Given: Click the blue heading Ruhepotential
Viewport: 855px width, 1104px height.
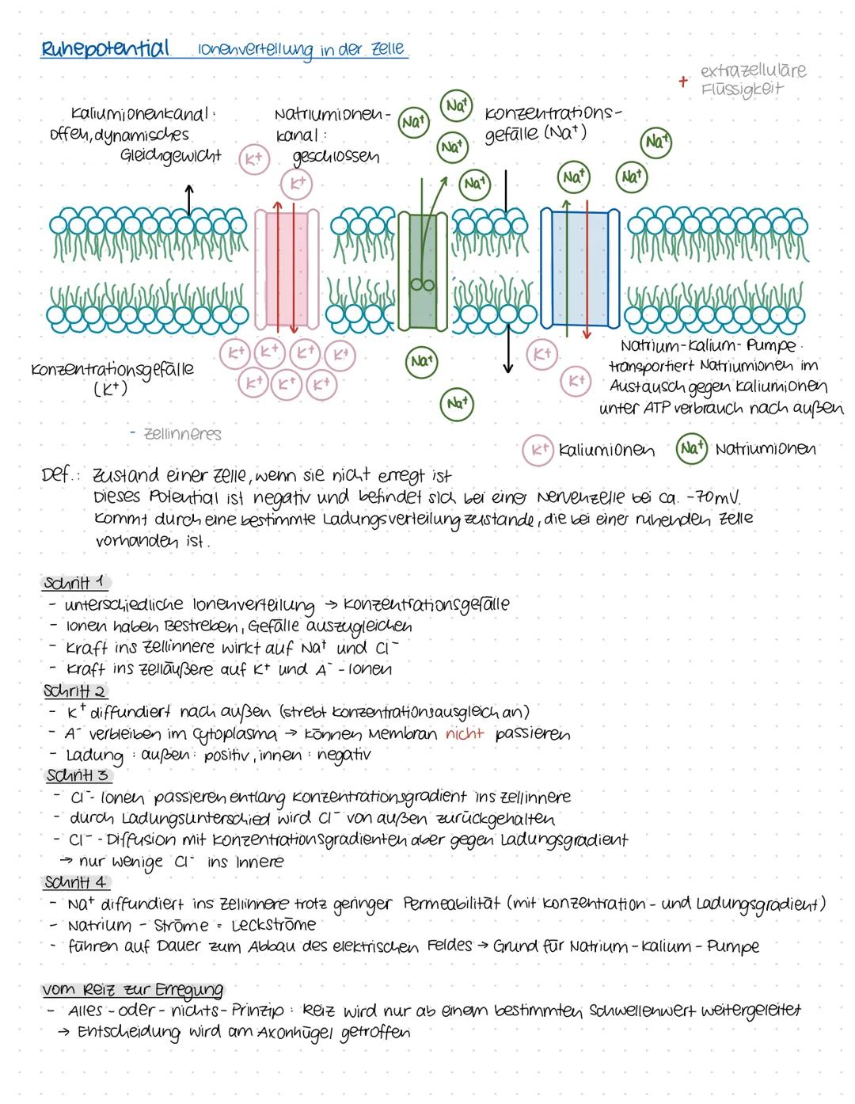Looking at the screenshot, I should click(x=104, y=48).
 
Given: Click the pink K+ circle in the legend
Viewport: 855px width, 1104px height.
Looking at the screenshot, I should click(x=538, y=450).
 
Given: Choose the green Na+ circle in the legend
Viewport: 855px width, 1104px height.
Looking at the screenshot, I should click(x=691, y=448).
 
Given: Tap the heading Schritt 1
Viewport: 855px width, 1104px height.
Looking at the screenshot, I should click(x=74, y=583).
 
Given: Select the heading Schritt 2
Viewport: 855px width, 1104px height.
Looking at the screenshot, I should click(x=75, y=691).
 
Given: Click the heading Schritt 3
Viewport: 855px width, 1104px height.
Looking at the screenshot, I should click(x=78, y=775).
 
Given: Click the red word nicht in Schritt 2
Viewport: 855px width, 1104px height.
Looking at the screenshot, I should click(x=465, y=734).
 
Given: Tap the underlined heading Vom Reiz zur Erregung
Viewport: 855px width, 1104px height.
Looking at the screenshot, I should click(x=132, y=990).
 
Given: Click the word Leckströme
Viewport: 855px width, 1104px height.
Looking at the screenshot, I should click(x=273, y=925).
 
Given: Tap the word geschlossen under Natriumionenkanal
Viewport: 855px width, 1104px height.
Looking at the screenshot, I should click(x=336, y=157).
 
